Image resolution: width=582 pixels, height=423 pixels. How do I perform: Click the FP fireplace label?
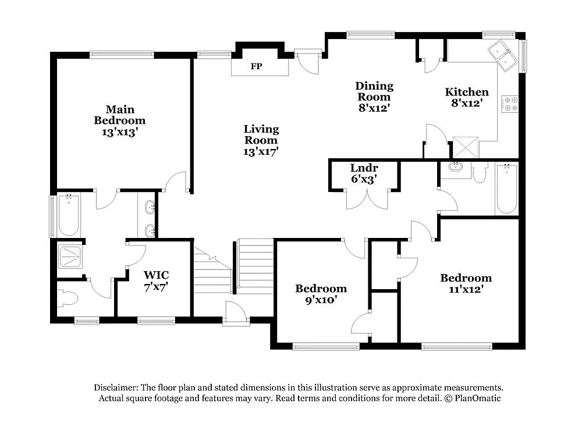pos(256,66)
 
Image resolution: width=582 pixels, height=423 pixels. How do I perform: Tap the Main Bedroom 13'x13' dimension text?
pos(119,132)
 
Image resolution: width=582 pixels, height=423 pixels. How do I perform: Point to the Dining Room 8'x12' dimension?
pos(374,108)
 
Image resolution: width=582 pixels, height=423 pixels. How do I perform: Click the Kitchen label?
pos(467,92)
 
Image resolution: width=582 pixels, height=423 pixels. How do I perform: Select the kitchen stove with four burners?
pos(510,104)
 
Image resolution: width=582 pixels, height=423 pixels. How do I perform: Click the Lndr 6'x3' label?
pos(364,174)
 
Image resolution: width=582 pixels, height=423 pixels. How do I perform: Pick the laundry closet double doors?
pos(367,200)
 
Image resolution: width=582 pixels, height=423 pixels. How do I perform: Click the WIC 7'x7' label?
pos(155,280)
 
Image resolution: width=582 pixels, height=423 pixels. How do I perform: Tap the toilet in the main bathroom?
pos(69,299)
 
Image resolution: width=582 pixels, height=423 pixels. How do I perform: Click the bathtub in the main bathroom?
pos(69,215)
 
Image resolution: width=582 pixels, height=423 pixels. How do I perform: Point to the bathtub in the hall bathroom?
pos(506,189)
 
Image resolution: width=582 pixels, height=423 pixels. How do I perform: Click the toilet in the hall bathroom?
pos(480,173)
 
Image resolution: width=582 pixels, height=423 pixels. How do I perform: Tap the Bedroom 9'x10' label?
pos(321,294)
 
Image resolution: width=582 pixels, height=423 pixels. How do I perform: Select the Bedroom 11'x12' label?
pos(466,283)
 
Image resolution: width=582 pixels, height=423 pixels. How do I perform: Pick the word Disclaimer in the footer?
pos(114,388)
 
